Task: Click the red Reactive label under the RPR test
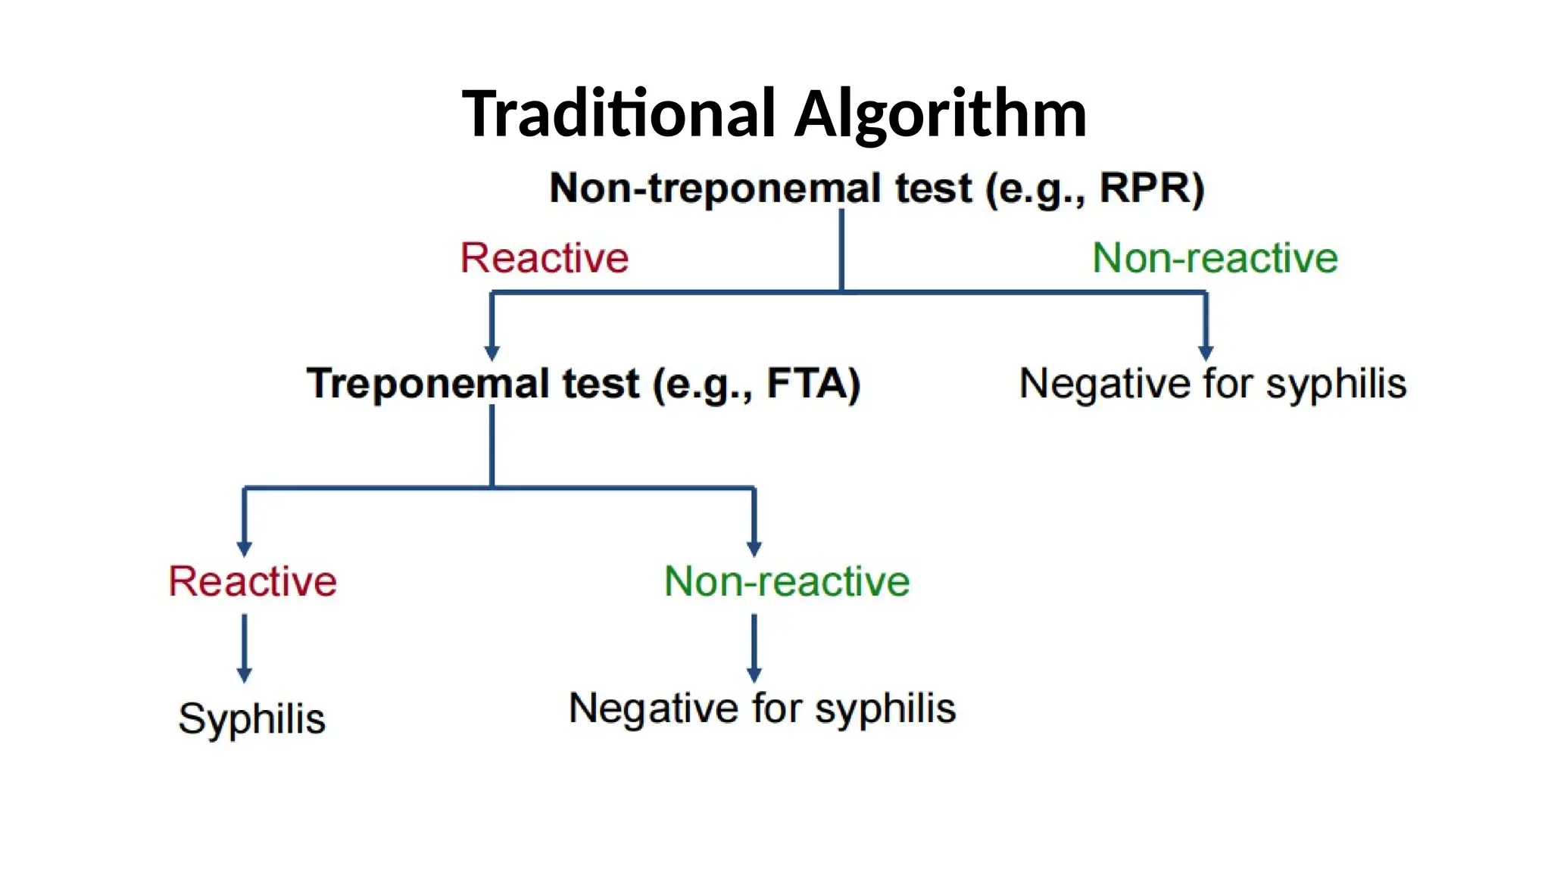(545, 258)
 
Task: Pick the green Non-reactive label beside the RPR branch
(1215, 258)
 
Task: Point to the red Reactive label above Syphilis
(252, 581)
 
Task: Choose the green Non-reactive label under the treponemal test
(787, 581)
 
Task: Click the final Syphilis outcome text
(251, 718)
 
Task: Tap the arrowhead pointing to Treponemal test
(492, 353)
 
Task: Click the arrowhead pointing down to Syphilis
(244, 674)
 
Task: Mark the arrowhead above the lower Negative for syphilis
(754, 674)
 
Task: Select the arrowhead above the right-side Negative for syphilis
(1206, 353)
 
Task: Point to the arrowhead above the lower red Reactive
(244, 548)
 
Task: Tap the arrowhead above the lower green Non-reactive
(754, 548)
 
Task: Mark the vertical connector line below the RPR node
(841, 250)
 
